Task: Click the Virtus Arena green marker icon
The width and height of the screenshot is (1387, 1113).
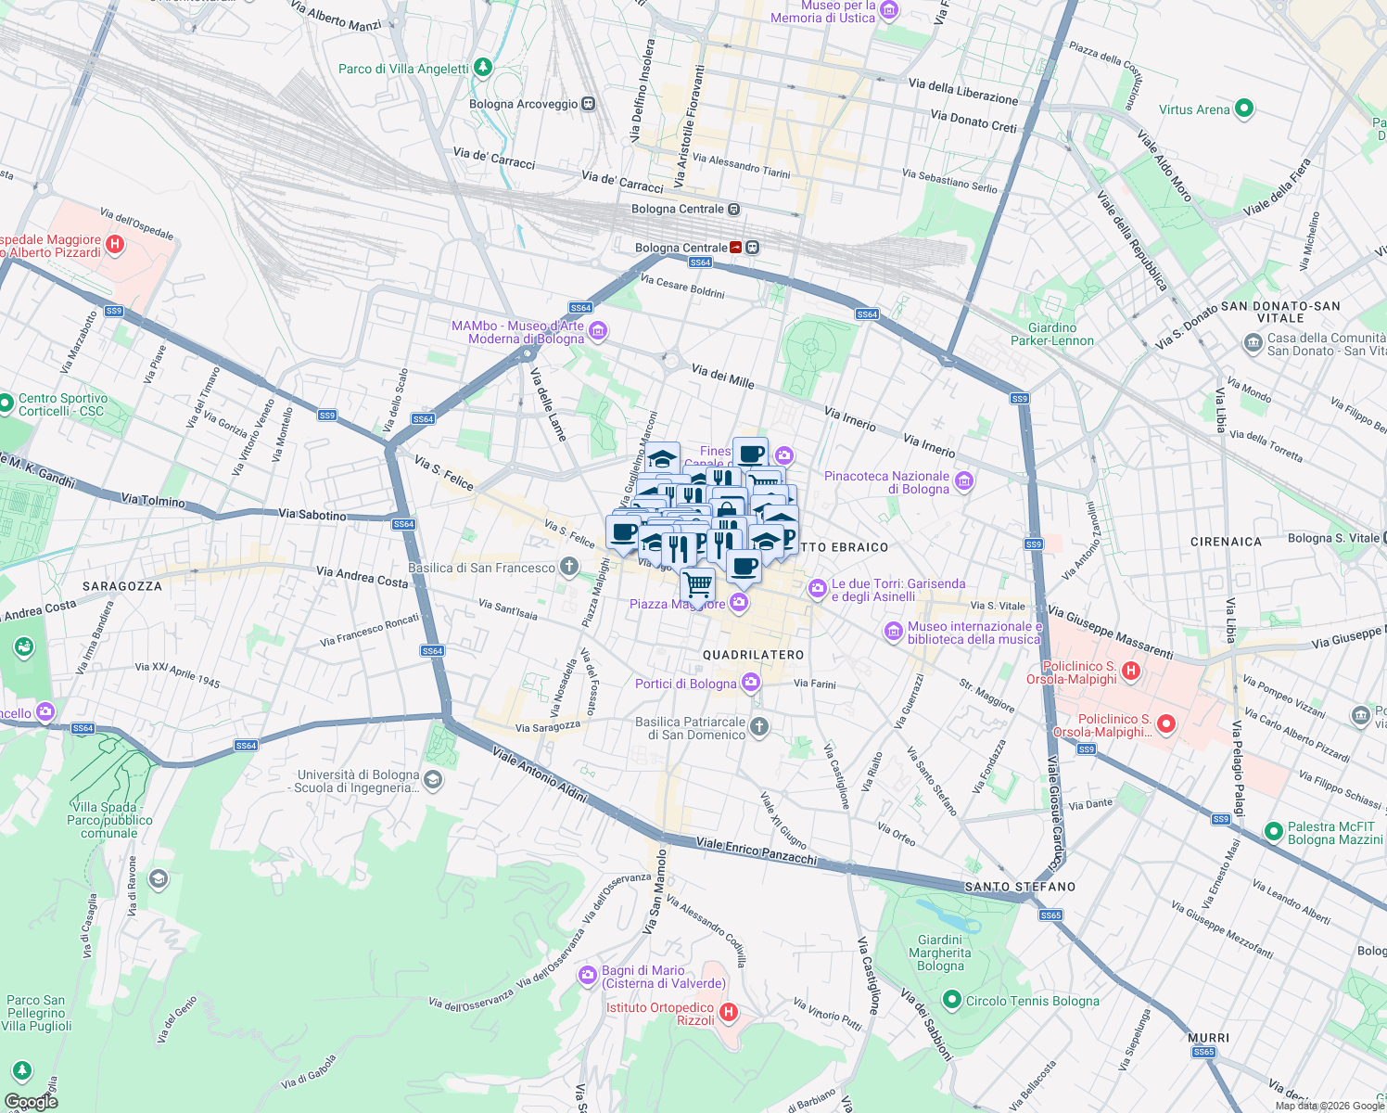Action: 1244,109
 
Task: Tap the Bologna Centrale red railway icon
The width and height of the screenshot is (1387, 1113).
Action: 736,248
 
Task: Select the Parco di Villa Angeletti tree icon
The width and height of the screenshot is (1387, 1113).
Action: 482,68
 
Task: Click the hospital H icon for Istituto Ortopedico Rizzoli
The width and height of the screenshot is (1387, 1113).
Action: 729,1012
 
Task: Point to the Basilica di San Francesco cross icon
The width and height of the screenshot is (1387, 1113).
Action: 569,566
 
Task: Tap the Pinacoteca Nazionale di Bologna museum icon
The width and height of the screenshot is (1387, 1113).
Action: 964,480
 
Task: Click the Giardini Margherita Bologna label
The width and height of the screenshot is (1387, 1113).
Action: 940,953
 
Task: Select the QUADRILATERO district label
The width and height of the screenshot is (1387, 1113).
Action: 753,655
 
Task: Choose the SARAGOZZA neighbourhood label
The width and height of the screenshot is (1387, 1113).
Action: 121,586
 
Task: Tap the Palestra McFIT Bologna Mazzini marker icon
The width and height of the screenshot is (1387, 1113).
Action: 1274,831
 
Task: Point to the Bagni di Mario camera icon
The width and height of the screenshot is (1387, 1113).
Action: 587,975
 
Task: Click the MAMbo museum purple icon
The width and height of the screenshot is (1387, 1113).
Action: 598,331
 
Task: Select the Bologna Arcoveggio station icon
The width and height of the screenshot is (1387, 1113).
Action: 589,104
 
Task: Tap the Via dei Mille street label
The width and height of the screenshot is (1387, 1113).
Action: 723,376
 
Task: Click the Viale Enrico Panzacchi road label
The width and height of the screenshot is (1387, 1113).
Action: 756,851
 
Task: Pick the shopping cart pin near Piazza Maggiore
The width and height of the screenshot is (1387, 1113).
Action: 698,585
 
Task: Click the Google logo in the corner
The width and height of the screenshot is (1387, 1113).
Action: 31,1101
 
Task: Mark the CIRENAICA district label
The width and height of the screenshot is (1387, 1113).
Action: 1226,542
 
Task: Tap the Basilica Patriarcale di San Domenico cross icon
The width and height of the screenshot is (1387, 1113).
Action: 759,726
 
